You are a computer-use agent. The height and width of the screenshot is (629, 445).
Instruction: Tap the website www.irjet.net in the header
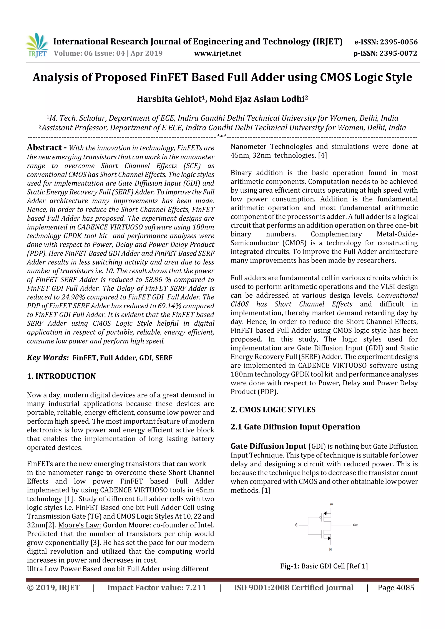(x=218, y=53)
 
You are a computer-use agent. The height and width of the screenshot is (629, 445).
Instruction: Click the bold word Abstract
(x=44, y=148)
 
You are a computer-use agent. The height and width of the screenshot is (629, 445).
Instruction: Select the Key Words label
(x=48, y=358)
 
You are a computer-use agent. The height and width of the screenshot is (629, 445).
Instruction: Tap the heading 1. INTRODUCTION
(x=61, y=376)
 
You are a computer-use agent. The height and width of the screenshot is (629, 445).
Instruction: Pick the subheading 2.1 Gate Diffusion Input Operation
(x=295, y=427)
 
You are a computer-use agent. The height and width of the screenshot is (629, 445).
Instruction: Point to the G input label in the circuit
(x=296, y=525)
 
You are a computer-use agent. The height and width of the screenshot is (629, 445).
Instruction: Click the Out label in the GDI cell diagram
(x=355, y=525)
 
